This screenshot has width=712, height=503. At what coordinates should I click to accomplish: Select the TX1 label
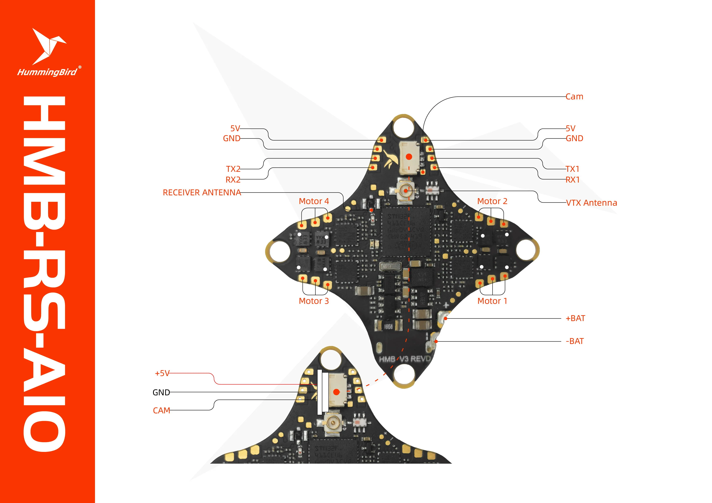coord(572,169)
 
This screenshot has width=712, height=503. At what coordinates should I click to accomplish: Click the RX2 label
coord(233,180)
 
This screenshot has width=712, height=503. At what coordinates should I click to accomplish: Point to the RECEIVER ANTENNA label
coord(202,192)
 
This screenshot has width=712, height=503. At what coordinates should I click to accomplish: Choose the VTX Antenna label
coord(591,203)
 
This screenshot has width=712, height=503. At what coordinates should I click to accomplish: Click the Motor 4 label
coord(314,201)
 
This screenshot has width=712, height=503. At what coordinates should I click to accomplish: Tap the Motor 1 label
coord(492,301)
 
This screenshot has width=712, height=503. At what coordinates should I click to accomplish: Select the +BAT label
coord(575,318)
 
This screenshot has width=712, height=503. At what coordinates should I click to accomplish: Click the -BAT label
coord(575,341)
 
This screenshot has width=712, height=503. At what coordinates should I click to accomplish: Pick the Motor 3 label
coord(314,301)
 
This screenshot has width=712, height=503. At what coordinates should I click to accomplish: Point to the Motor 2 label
coord(492,201)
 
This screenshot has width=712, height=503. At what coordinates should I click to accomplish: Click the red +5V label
coord(162,373)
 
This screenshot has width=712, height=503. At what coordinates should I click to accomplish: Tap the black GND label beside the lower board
coord(161,392)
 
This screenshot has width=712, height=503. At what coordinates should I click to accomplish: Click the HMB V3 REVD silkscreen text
coord(405,359)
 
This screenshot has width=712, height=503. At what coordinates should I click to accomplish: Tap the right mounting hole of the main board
coord(526,250)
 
